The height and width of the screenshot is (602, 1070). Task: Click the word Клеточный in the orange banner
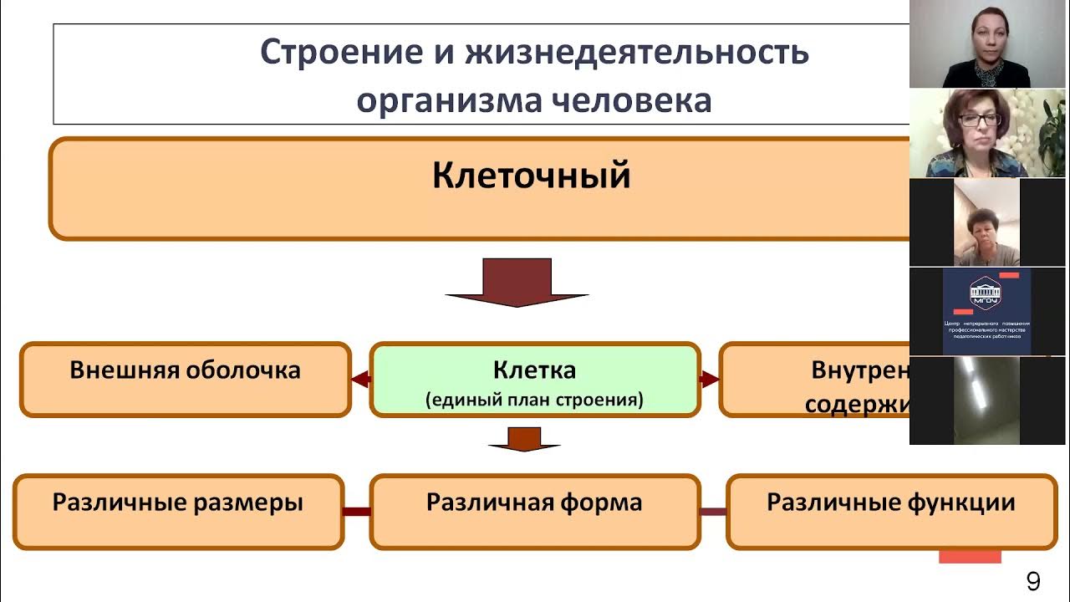pos(531,176)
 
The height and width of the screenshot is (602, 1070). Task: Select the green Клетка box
pos(534,380)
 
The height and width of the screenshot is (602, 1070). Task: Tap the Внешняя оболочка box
pos(185,379)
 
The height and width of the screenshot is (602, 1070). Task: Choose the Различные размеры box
pos(178,511)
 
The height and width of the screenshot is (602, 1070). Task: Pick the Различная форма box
pos(534,511)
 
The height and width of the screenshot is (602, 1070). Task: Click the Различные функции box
pos(891,511)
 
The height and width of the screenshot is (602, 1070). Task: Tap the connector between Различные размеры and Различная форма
pos(357,511)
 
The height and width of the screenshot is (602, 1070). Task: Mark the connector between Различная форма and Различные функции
pos(713,511)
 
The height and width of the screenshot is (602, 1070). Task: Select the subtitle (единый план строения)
pos(534,400)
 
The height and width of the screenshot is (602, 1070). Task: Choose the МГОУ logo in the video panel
pos(986,293)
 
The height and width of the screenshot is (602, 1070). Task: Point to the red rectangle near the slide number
pos(970,556)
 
